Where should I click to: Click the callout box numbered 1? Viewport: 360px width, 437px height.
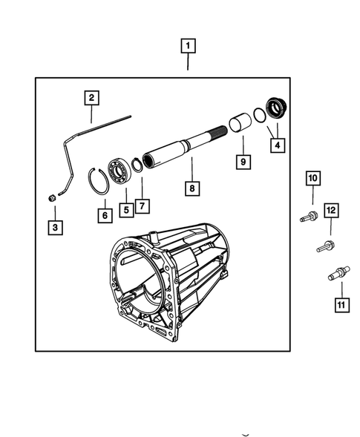188,47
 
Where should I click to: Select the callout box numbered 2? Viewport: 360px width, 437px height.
91,97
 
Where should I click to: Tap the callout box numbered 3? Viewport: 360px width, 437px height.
55,228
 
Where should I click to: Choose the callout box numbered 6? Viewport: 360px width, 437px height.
104,214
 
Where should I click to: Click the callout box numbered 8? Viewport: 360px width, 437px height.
192,189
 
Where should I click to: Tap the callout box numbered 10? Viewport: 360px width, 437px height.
312,178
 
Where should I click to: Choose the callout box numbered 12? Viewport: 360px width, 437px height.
331,211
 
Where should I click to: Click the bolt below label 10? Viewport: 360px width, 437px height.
309,217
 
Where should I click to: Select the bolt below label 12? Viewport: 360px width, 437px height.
325,246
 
